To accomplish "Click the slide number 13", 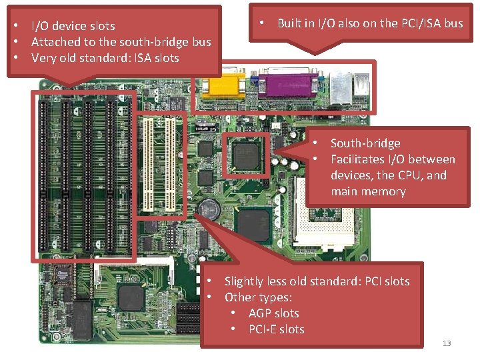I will [447, 343].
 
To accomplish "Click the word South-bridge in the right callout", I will [365, 143].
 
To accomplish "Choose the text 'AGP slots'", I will [273, 313].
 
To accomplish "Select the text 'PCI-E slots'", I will [276, 329].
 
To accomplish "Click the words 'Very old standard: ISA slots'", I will [105, 58].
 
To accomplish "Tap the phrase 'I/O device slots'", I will [73, 26].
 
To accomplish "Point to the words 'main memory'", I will [368, 191].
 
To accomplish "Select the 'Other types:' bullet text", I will [259, 297].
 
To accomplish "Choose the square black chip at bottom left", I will [130, 297].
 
